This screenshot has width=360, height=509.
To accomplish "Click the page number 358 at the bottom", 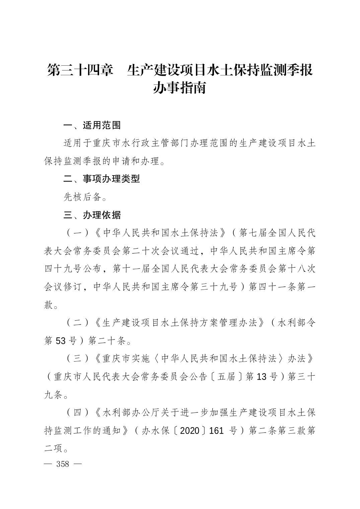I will click(x=63, y=464).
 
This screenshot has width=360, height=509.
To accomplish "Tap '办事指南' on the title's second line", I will click(x=179, y=88).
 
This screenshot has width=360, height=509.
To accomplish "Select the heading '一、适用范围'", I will click(x=92, y=125).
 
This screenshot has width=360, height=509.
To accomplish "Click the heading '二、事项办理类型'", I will click(x=101, y=179).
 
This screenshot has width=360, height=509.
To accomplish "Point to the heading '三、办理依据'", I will click(x=92, y=215).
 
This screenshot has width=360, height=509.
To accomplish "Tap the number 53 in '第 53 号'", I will click(x=61, y=341).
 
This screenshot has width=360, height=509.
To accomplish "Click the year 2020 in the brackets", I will click(x=190, y=431).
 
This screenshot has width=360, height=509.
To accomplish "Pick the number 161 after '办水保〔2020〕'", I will click(x=216, y=431).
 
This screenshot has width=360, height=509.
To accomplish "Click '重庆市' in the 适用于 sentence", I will click(x=102, y=143).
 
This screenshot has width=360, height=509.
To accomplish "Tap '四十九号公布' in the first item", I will click(x=73, y=269).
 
